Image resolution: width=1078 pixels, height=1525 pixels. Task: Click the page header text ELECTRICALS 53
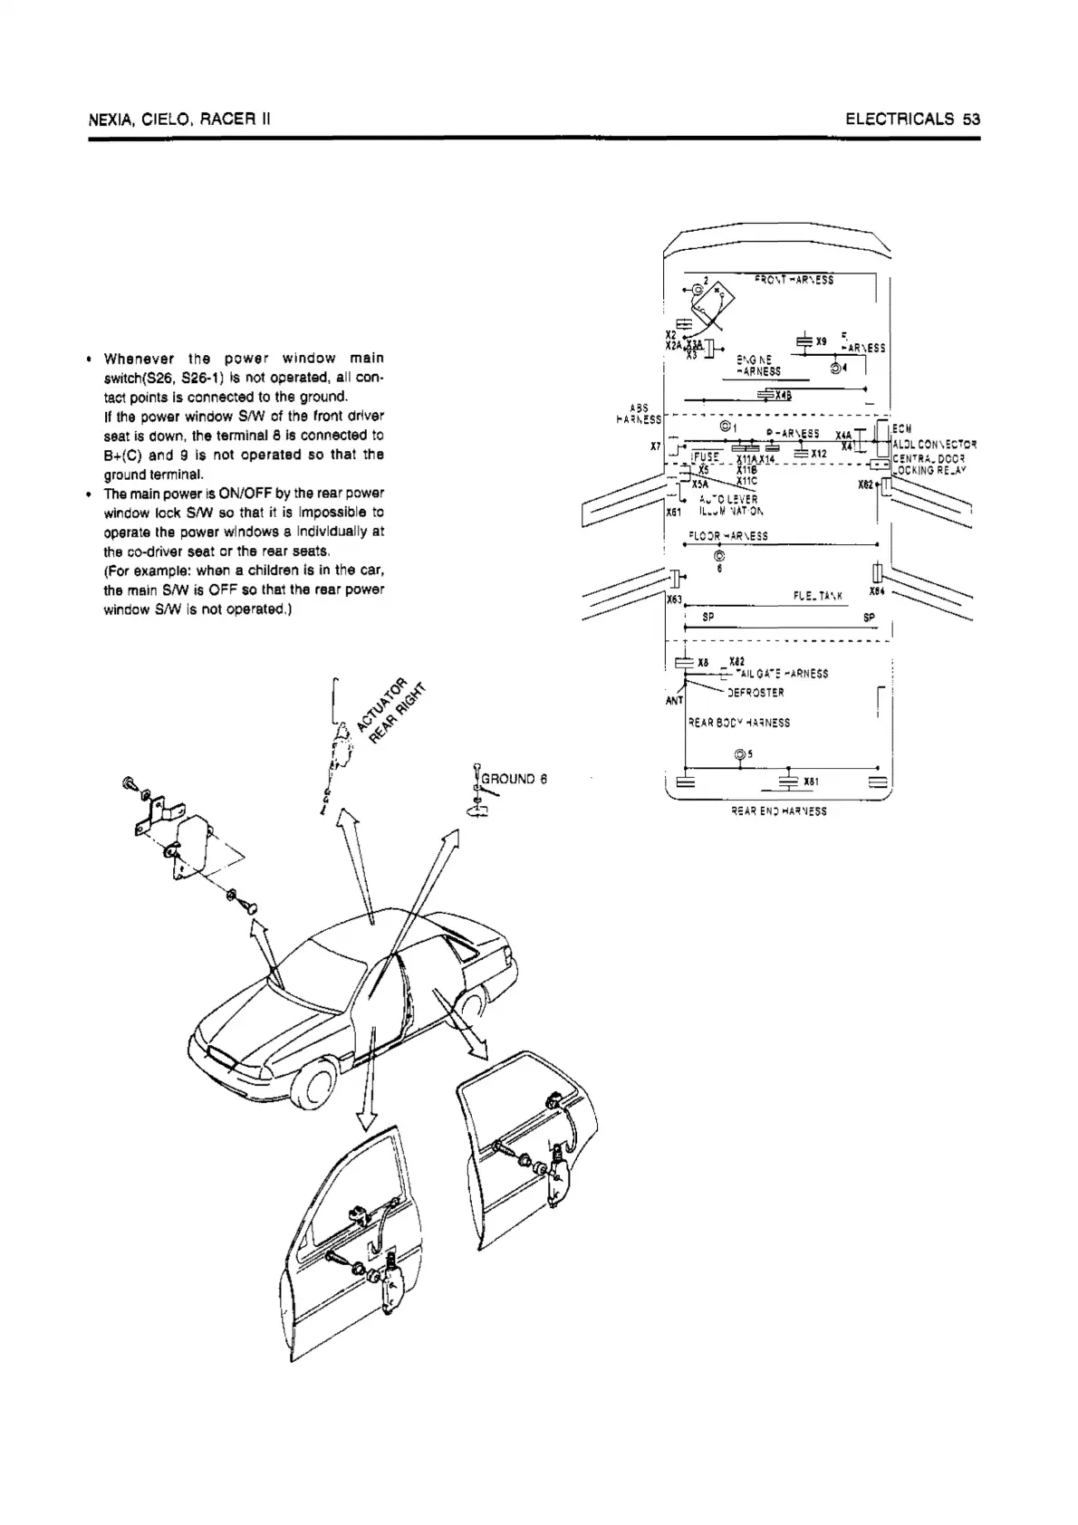click(913, 119)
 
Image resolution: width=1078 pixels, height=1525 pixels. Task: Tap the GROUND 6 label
click(514, 778)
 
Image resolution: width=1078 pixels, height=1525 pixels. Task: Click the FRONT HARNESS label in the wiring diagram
click(794, 279)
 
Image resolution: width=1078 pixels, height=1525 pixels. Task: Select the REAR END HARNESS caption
click(778, 811)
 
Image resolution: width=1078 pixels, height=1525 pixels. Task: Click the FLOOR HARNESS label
click(727, 535)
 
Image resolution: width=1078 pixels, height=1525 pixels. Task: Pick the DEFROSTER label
click(756, 693)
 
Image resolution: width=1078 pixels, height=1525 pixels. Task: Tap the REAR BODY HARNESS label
click(739, 723)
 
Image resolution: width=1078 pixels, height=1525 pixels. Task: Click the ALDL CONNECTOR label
click(934, 444)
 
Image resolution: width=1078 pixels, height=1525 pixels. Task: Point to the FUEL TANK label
click(818, 595)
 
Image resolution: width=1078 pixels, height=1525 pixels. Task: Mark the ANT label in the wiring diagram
click(675, 700)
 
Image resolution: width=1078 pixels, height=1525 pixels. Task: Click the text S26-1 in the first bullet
click(192, 378)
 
